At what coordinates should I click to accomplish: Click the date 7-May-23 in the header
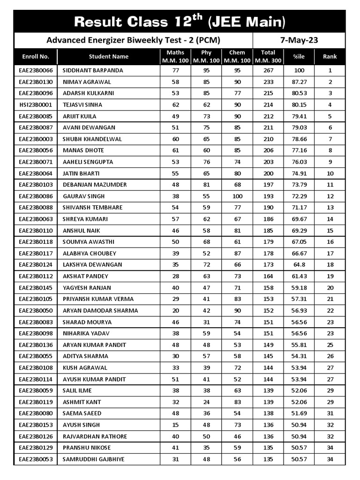coord(299,40)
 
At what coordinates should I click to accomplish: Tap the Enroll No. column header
coord(36,57)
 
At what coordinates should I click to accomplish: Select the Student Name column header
coord(109,57)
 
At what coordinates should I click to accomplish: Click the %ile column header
coord(299,57)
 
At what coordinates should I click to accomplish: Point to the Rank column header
coord(330,57)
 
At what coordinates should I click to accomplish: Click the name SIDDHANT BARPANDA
coord(93,70)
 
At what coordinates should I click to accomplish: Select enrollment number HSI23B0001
coord(36,105)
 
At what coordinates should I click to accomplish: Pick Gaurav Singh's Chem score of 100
coord(237,196)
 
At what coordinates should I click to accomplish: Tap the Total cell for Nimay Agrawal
coord(268,82)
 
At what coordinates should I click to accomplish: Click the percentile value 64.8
coord(299,265)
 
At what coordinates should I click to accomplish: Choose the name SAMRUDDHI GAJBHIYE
coord(94,459)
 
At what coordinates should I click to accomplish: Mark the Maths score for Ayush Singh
coord(176,425)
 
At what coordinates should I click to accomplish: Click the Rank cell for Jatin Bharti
coord(330,173)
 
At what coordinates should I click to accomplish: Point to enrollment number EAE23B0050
coord(36,311)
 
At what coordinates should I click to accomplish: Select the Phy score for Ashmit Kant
coord(206,402)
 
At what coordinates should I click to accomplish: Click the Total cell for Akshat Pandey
coord(268,276)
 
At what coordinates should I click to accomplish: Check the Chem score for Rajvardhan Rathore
coord(237,436)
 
